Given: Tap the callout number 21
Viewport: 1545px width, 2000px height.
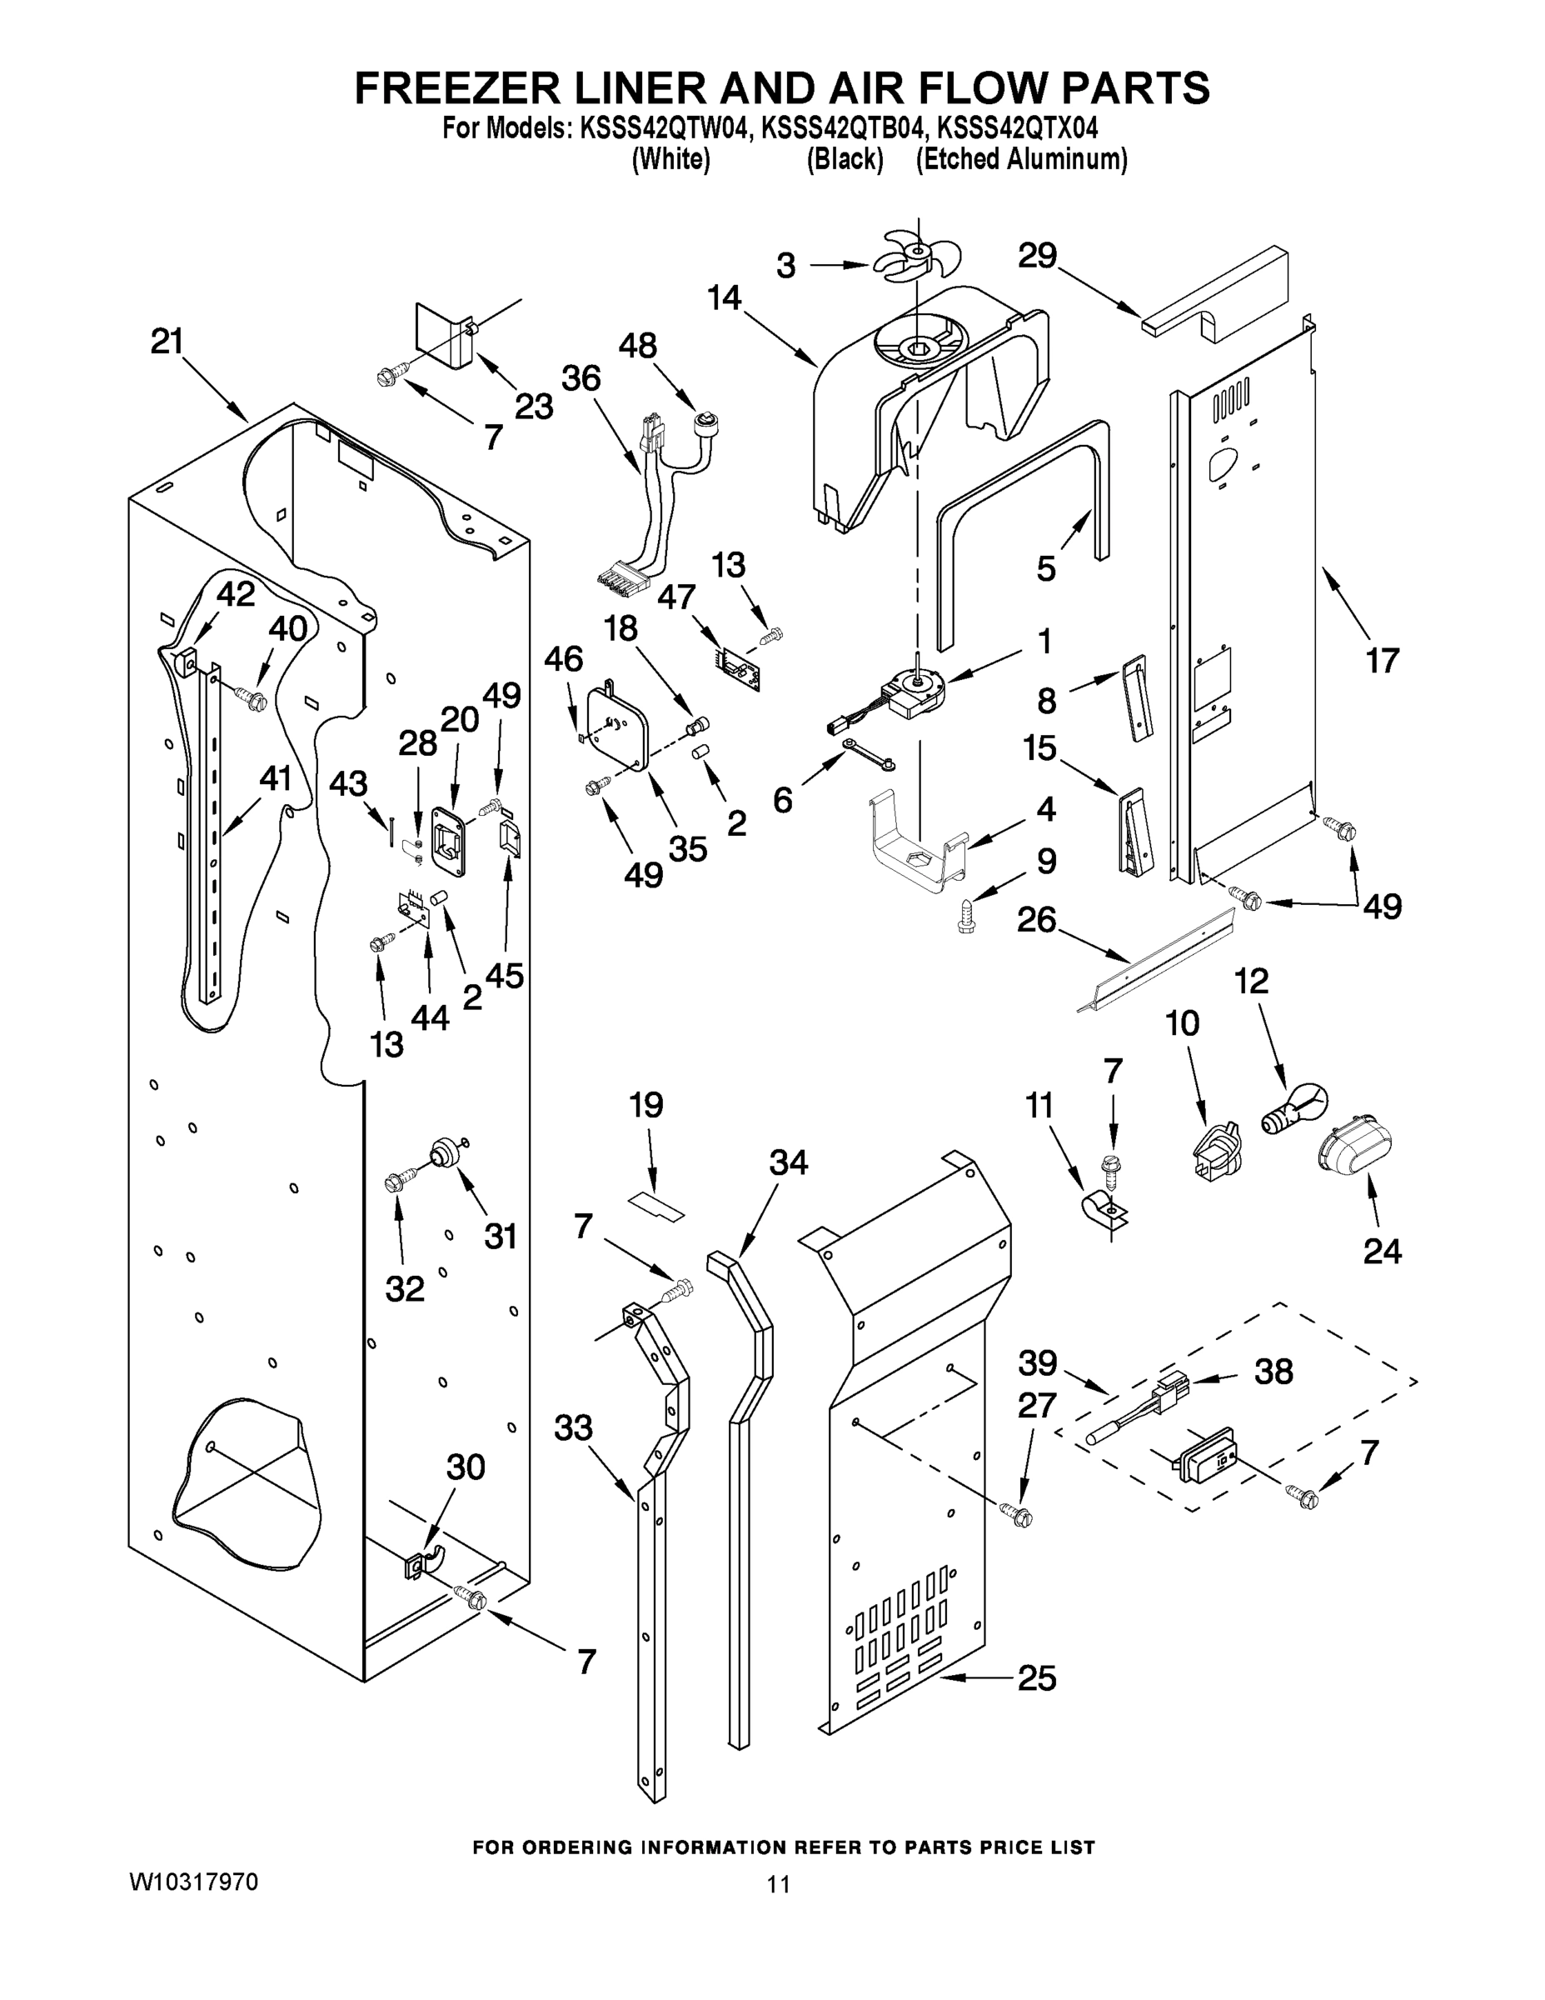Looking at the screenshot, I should coord(167,342).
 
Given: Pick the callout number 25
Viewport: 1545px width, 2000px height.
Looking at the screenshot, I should coord(1036,1677).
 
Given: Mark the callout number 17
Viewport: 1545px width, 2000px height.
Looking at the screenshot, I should coord(1382,659).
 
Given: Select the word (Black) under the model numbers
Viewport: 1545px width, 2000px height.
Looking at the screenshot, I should coord(844,160).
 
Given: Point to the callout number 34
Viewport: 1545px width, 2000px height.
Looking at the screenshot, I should coord(788,1163).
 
